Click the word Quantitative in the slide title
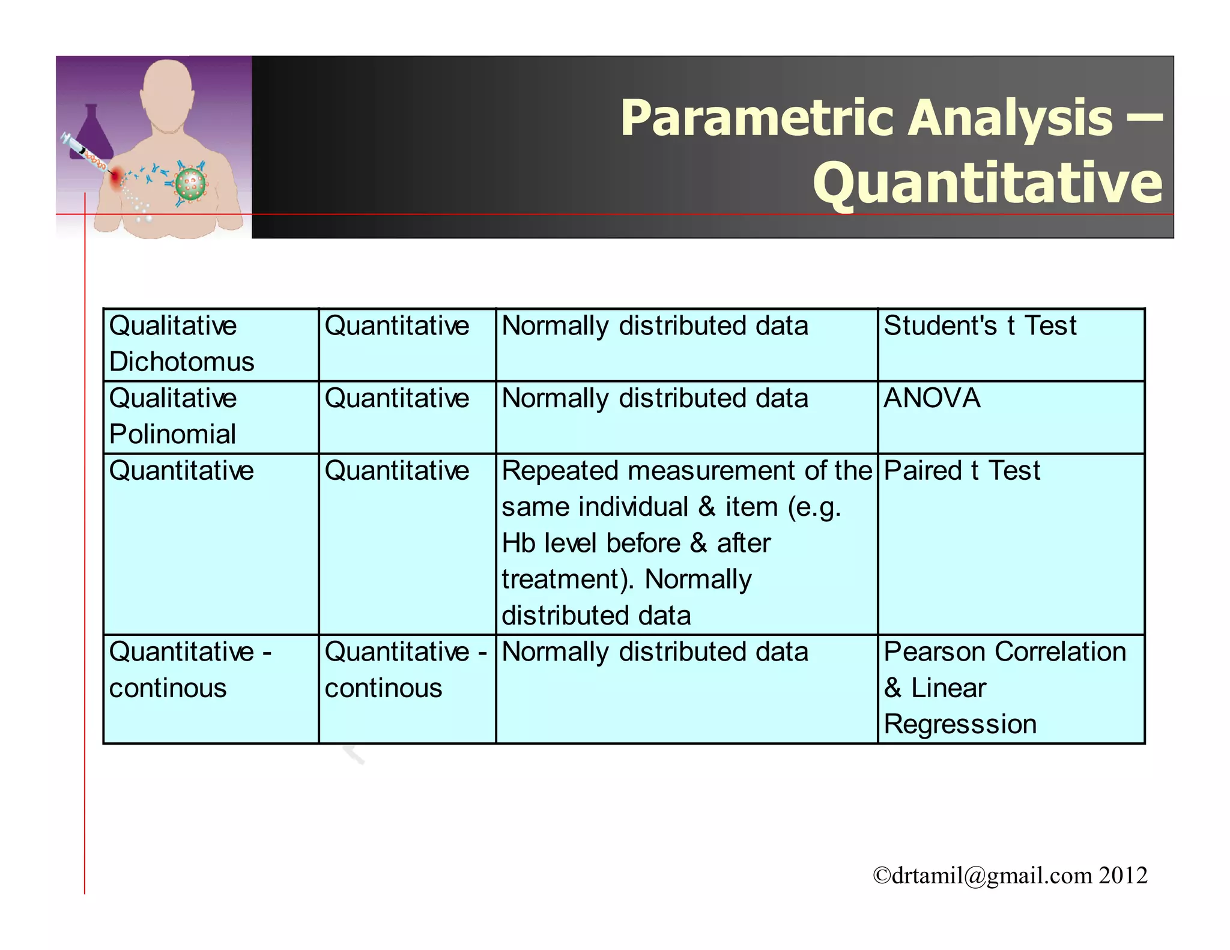[988, 183]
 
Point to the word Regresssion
[960, 724]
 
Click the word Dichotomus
[181, 362]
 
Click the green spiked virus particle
[190, 184]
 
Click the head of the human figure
[169, 90]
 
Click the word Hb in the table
[518, 543]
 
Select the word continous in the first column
[168, 688]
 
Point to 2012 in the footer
[1123, 876]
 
